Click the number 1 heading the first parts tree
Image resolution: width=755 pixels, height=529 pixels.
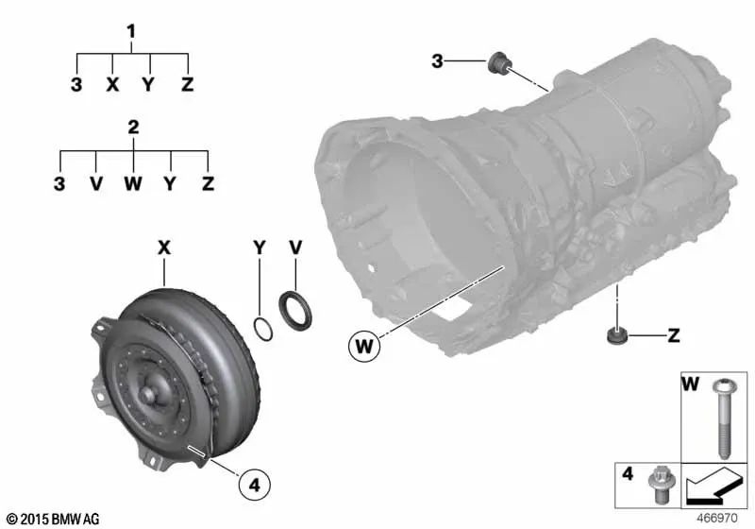point(132,31)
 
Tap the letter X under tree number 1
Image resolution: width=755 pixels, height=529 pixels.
point(112,85)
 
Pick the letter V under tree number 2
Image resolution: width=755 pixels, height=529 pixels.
point(95,182)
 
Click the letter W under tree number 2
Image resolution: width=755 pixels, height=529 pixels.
point(132,182)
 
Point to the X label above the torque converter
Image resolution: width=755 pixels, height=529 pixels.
point(163,247)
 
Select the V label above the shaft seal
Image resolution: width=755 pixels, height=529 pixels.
point(294,247)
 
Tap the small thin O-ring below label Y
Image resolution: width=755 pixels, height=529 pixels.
point(265,328)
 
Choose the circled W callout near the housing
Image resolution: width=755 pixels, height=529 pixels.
point(363,347)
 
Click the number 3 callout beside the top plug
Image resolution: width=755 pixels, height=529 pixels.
point(437,62)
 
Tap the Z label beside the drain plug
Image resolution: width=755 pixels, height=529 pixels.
point(674,334)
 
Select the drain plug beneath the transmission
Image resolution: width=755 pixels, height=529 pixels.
point(616,335)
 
